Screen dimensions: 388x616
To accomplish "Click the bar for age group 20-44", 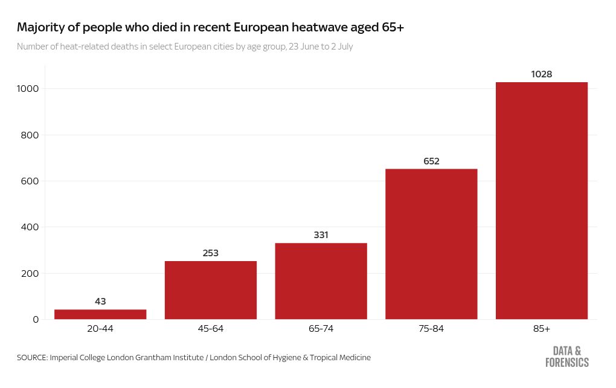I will click(x=100, y=314).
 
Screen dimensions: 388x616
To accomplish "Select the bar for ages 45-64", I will click(x=211, y=290).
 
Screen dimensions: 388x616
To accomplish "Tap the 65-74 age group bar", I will click(x=321, y=281).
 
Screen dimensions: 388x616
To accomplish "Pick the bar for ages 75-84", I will click(x=431, y=244).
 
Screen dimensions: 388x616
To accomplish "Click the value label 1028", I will click(x=542, y=74).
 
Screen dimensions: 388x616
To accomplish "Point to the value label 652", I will click(x=431, y=161).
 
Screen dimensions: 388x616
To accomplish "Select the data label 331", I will click(x=321, y=235).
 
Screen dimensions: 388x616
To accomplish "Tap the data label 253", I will click(x=211, y=253).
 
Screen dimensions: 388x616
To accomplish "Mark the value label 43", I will click(x=100, y=302).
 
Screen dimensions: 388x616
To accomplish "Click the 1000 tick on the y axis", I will click(x=28, y=89).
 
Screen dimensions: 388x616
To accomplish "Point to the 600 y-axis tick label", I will click(x=30, y=181).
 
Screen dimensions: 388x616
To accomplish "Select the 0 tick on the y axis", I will click(x=35, y=320).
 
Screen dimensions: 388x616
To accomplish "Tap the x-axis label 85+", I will click(x=542, y=329).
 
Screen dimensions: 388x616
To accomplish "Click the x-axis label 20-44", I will click(x=100, y=329).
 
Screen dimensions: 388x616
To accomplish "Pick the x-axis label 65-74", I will click(x=321, y=329).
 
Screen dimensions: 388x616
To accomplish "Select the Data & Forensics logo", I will click(x=567, y=357).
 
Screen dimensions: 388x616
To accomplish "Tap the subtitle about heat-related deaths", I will click(x=185, y=47).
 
